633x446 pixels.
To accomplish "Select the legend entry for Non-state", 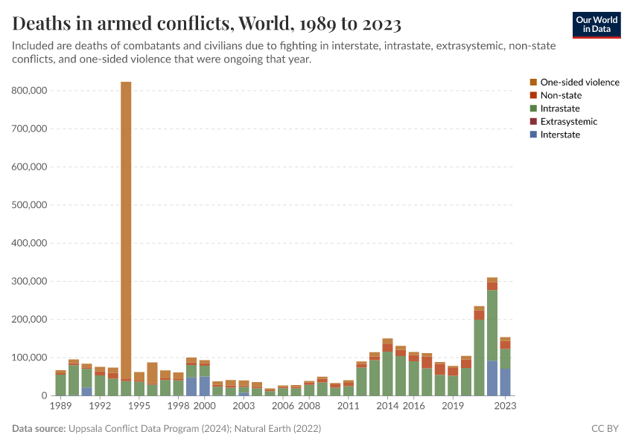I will tap(561, 95).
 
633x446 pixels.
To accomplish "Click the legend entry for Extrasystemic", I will tap(568, 121).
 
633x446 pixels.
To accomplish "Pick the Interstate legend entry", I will tap(560, 135).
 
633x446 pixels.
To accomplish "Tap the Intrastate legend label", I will tap(561, 109).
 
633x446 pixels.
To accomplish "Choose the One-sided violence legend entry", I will tap(579, 83).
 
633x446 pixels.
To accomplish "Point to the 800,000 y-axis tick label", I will tap(30, 90).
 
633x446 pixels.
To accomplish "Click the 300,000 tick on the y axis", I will tap(30, 281).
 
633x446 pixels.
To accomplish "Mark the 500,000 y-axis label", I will tap(30, 204).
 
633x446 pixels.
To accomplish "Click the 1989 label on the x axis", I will tap(60, 406).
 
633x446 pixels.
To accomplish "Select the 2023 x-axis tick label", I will tap(505, 406).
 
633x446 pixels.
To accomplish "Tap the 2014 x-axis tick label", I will tap(387, 406).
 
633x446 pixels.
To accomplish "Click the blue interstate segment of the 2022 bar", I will tap(492, 378).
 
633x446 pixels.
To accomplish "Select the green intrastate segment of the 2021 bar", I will tap(479, 357).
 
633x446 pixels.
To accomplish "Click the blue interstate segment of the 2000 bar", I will tap(204, 386).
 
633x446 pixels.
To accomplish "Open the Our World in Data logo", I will tap(596, 24).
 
